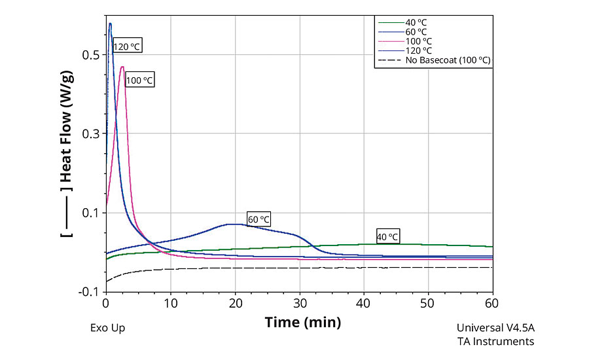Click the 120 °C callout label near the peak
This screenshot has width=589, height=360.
pyautogui.click(x=127, y=46)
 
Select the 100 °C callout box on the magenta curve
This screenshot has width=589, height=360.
pyautogui.click(x=139, y=80)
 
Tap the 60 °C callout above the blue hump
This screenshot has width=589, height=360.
pyautogui.click(x=259, y=219)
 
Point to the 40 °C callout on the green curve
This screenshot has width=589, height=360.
pyautogui.click(x=387, y=236)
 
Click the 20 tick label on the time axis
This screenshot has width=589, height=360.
pyautogui.click(x=235, y=303)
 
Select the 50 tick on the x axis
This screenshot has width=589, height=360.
pyautogui.click(x=428, y=303)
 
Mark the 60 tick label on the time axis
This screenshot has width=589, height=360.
pyautogui.click(x=492, y=303)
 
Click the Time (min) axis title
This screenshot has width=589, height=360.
pyautogui.click(x=302, y=322)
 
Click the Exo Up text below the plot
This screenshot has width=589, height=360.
pyautogui.click(x=107, y=328)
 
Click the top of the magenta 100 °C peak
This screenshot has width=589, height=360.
pyautogui.click(x=122, y=67)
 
